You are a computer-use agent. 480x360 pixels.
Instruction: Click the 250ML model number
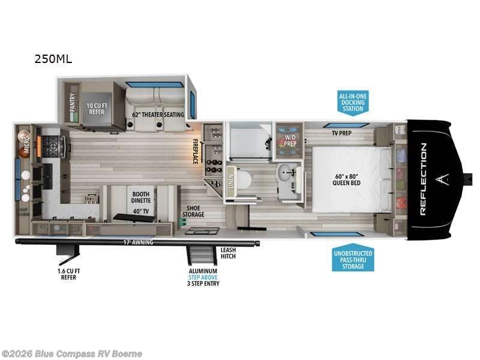tap(54, 59)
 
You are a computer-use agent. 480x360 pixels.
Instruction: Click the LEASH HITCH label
tap(228, 253)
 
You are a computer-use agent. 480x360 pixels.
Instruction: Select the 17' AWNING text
tap(139, 242)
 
